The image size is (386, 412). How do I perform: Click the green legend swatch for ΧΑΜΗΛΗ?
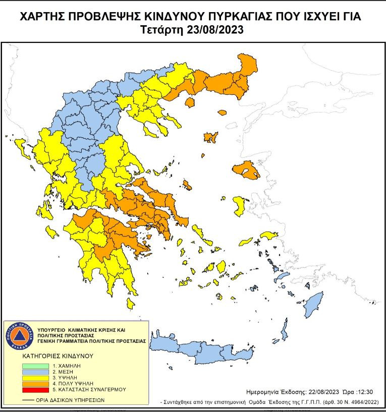(x=36, y=365)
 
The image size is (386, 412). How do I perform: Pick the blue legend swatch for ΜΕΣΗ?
(x=36, y=371)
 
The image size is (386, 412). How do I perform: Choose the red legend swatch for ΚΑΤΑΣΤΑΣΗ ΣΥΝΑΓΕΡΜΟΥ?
(x=36, y=390)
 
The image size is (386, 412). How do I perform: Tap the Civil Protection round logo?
(x=19, y=335)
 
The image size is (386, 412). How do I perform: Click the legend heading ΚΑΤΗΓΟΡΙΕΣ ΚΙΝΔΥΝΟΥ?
(x=58, y=356)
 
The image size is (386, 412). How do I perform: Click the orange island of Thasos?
(x=190, y=103)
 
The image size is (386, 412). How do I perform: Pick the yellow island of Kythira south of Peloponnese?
(x=131, y=303)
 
